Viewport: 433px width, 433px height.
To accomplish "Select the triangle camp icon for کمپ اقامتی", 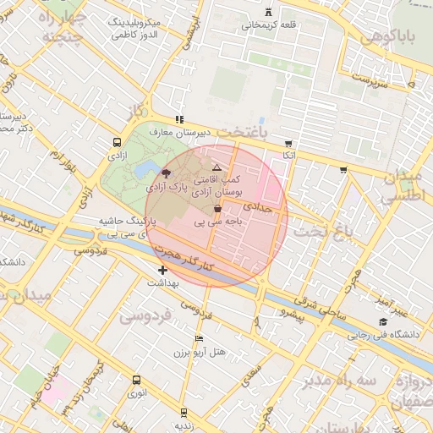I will (217, 168).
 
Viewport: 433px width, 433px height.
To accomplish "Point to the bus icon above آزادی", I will (116, 143).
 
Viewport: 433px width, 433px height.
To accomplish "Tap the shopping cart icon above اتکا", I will (289, 143).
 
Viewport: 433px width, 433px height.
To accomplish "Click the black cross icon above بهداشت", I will (162, 270).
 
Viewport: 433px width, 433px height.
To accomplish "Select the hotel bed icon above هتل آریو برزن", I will (199, 337).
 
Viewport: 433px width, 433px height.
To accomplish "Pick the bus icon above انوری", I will (136, 380).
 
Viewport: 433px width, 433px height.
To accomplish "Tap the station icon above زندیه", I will (184, 412).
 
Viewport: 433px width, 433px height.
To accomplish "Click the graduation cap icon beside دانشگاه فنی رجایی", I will (383, 321).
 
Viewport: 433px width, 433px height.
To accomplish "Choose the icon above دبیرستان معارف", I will (178, 120).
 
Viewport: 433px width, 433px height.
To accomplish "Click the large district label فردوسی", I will (145, 315).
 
